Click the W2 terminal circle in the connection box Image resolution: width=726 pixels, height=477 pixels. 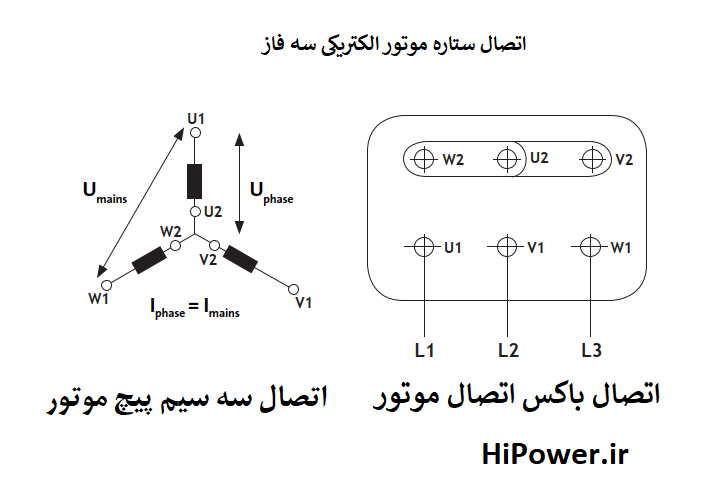click(424, 158)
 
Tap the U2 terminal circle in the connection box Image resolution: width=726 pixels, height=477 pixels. click(509, 158)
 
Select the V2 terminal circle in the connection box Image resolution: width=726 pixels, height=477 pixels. click(595, 158)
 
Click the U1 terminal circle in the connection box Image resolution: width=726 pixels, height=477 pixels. click(424, 246)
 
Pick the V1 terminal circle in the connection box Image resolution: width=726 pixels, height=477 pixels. click(509, 246)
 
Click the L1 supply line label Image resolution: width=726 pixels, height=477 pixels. click(424, 350)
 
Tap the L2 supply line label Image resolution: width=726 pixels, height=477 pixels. click(508, 350)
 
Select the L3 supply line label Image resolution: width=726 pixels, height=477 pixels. click(591, 350)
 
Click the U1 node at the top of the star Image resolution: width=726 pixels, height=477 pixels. click(196, 131)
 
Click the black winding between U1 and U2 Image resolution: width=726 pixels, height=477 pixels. click(196, 180)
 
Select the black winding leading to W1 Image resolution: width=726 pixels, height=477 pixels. click(150, 260)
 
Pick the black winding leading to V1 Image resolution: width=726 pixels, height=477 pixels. click(241, 257)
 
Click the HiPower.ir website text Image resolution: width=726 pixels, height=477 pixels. click(556, 456)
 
